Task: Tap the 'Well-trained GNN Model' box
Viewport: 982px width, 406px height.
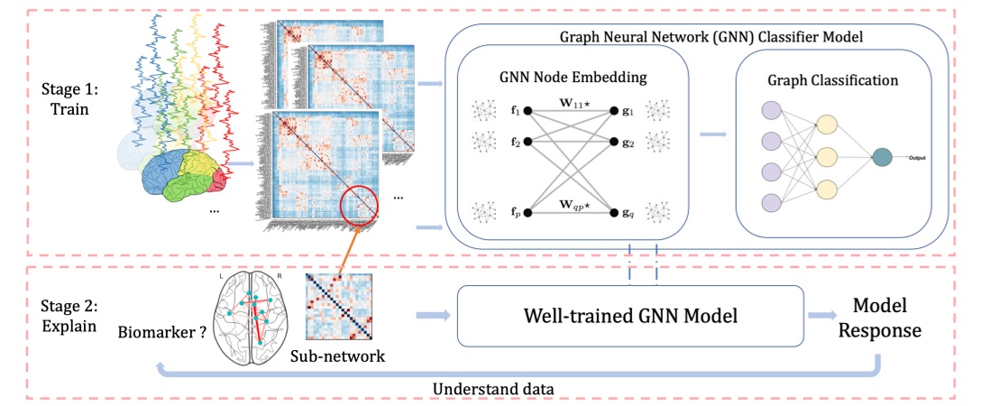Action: pos(630,316)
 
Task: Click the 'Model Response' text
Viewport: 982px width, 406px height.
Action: pos(879,318)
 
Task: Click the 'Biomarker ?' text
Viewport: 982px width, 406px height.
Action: pos(161,330)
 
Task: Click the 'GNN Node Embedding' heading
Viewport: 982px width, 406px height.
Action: pos(574,78)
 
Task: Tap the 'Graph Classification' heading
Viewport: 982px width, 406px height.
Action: pos(832,80)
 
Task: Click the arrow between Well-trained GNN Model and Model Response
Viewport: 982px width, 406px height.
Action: pos(824,316)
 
